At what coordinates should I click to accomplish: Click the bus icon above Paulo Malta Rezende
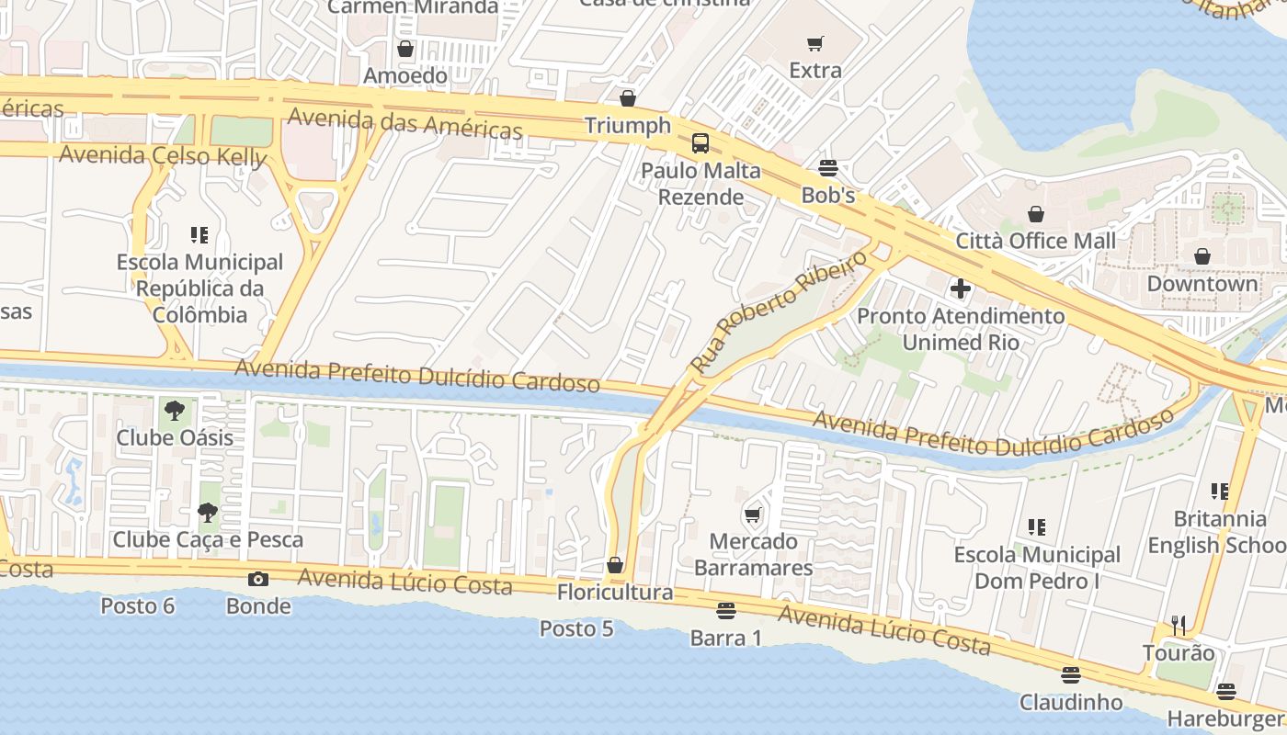(x=700, y=143)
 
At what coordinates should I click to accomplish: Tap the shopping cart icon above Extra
(x=815, y=43)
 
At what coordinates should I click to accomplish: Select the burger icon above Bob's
(x=828, y=168)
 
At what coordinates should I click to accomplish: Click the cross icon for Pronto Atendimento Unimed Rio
(x=961, y=289)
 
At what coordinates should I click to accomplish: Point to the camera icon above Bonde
(x=258, y=579)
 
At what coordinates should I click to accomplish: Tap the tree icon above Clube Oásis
(x=175, y=411)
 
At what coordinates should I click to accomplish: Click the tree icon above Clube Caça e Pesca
(x=208, y=513)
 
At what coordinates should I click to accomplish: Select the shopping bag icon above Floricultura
(x=615, y=565)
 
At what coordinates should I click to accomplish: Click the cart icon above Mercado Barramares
(x=753, y=514)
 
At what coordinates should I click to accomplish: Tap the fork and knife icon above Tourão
(x=1179, y=626)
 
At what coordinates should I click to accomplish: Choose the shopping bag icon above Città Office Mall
(x=1036, y=214)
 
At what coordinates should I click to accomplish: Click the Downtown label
(x=1202, y=283)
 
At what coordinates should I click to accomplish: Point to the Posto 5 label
(x=576, y=629)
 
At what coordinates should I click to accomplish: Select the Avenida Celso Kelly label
(x=163, y=155)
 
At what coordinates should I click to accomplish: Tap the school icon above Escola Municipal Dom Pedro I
(x=1037, y=527)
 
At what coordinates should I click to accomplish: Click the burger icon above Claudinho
(x=1070, y=675)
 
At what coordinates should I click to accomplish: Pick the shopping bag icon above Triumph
(x=628, y=98)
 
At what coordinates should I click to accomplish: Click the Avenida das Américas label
(x=405, y=123)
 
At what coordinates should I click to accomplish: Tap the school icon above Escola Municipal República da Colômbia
(x=199, y=235)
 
